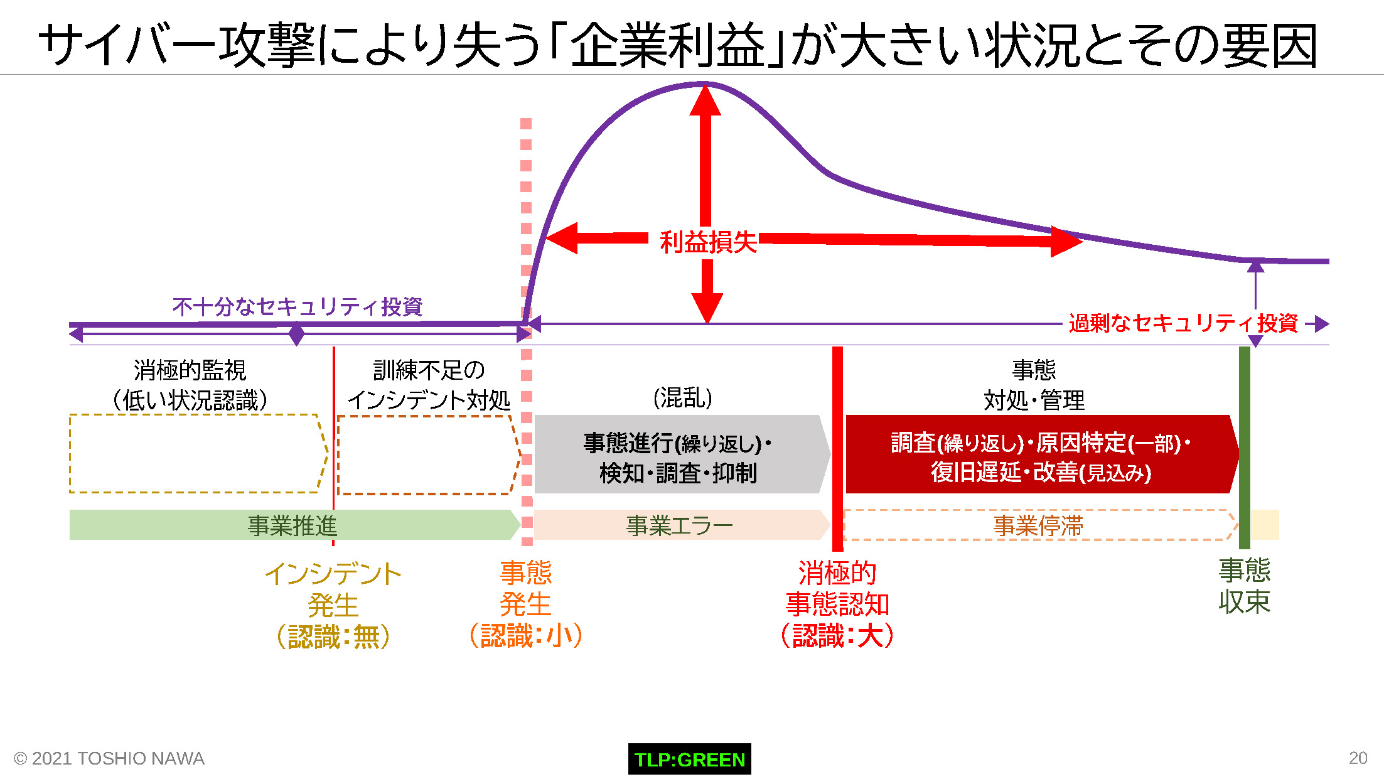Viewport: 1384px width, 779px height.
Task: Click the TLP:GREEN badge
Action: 689,759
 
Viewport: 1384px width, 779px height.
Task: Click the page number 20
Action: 1358,758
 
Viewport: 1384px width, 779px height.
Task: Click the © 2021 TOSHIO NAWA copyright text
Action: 109,758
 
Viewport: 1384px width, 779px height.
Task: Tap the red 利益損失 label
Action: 708,242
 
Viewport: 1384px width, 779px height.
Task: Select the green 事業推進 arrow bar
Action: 294,525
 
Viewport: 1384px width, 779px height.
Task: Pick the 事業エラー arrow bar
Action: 682,525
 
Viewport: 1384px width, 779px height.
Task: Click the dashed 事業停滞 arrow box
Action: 1040,525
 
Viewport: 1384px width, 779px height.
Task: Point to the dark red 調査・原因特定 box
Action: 1042,454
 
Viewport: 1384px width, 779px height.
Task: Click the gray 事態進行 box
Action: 682,454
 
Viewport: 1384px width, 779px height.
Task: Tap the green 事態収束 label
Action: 1244,586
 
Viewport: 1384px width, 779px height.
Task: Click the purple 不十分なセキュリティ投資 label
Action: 298,307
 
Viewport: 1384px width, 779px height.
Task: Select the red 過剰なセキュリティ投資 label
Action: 1183,323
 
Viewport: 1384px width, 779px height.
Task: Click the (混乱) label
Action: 683,397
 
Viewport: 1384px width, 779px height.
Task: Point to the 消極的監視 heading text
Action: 190,370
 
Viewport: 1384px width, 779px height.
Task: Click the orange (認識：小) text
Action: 526,635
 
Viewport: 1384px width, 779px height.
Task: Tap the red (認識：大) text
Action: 837,635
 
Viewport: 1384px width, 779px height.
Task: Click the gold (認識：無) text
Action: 333,637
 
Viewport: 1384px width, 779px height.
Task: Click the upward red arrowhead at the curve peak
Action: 705,99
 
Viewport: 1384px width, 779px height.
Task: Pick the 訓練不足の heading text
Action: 429,370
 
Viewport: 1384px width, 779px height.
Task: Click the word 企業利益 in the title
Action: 668,45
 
